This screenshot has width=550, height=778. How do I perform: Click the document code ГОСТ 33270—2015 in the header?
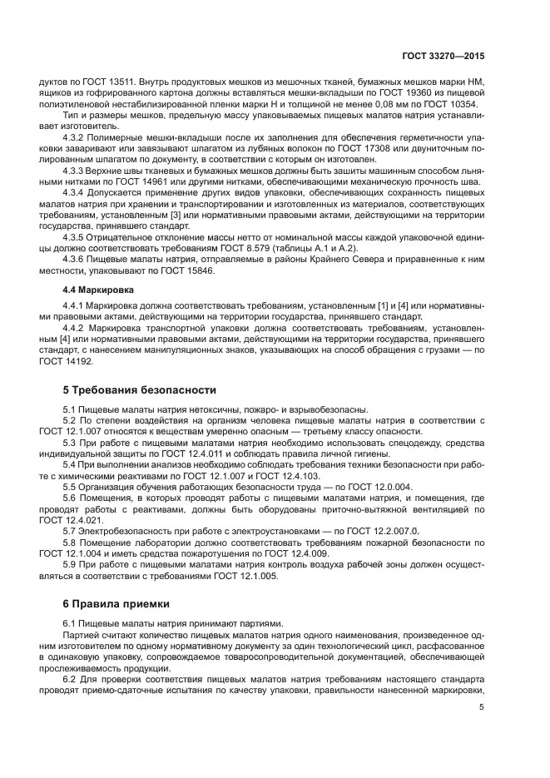[x=443, y=55]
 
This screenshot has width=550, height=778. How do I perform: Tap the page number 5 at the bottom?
[x=482, y=707]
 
